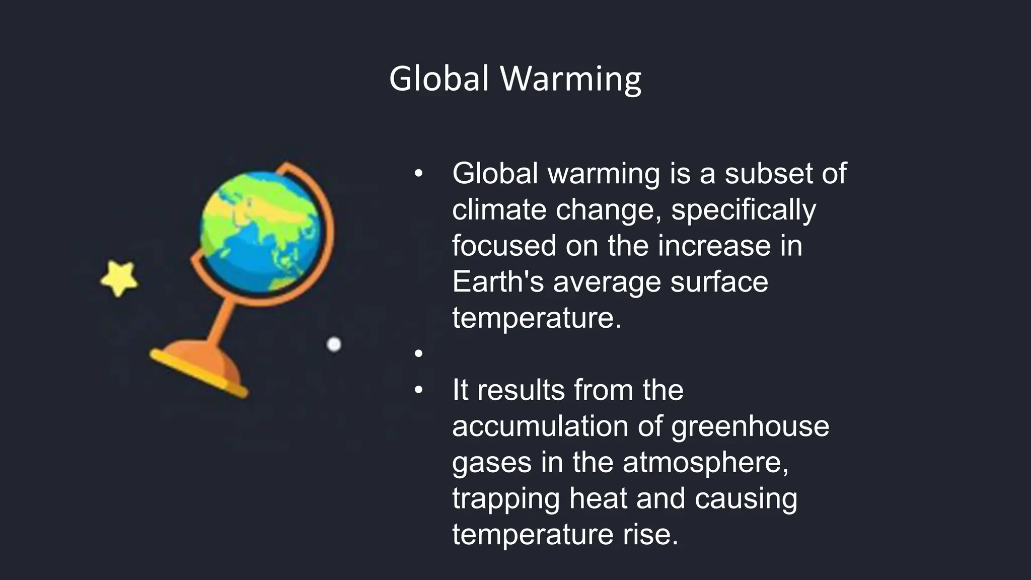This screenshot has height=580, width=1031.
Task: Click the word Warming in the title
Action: (x=571, y=79)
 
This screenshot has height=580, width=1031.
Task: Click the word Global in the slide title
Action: (x=438, y=79)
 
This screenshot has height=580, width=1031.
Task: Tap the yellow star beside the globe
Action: (x=119, y=278)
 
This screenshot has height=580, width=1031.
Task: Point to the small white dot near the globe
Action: (x=334, y=344)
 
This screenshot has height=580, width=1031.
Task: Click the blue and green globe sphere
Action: (x=260, y=232)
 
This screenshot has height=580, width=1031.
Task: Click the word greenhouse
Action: (x=750, y=426)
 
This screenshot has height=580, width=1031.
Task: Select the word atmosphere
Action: (x=705, y=462)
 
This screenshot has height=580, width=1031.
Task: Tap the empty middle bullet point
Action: (x=418, y=354)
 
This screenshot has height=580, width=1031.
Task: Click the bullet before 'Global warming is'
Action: (x=418, y=174)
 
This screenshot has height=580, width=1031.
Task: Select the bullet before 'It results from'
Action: (x=418, y=390)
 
